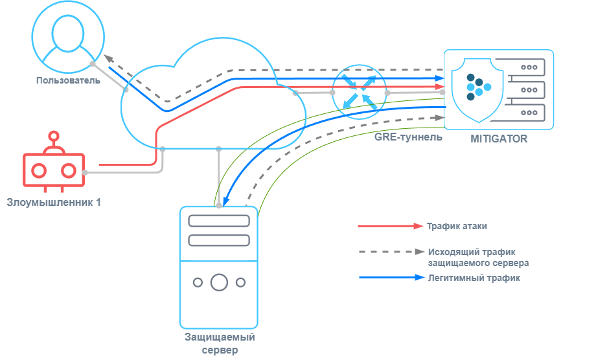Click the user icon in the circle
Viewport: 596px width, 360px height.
coord(69,35)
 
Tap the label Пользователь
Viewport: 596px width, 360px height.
coord(69,80)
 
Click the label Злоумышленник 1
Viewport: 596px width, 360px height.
coord(54,203)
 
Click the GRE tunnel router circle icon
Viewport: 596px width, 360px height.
coord(359,91)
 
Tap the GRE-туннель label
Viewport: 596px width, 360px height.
coord(408,137)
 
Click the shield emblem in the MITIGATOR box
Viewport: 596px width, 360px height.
coord(478,87)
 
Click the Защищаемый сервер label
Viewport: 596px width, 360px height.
coord(220,343)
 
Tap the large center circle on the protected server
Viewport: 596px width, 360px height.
coord(219,282)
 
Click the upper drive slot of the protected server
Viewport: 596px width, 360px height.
coord(219,221)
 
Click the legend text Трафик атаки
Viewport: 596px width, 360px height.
coord(456,227)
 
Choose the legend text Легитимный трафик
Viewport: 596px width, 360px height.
coord(474,278)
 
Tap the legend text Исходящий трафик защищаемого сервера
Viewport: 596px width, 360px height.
coord(478,257)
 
